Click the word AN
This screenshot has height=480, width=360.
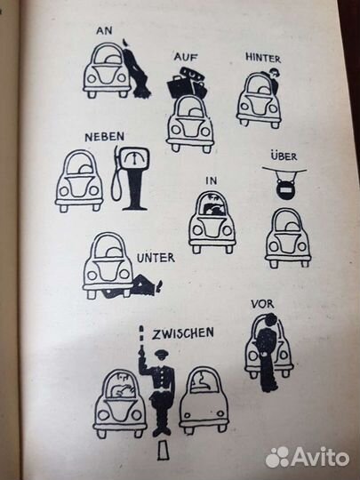(104, 30)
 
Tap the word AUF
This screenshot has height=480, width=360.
(185, 57)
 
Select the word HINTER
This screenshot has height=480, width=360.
(263, 58)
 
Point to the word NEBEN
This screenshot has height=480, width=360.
(105, 137)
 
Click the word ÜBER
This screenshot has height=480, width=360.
(284, 156)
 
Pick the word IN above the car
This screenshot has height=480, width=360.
(212, 181)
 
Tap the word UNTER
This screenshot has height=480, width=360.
(156, 258)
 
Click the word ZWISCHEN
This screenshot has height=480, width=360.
(183, 333)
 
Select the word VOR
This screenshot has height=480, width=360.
(262, 304)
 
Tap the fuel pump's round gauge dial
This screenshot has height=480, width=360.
(133, 158)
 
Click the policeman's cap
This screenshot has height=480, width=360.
(161, 355)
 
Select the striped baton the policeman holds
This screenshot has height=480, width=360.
(141, 336)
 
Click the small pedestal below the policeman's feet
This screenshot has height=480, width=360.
(163, 451)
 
